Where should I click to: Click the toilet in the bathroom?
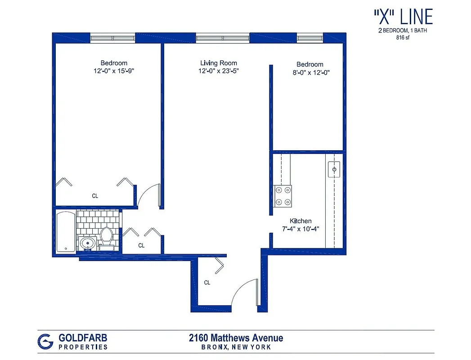pos(107,237)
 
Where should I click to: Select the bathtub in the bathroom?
pos(66,232)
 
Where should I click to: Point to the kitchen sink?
pos(335,169)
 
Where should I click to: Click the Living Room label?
pos(219,63)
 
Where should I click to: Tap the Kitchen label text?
pos(301,221)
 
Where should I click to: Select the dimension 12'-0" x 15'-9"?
pos(114,71)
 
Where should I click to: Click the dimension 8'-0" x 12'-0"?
pos(310,72)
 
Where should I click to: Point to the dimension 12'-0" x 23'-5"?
pos(219,71)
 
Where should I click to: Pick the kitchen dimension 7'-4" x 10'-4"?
pos(301,229)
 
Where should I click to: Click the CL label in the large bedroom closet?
pos(95,196)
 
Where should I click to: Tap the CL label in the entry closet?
pos(207,283)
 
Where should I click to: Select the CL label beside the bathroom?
pos(141,246)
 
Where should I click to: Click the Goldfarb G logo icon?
pos(45,341)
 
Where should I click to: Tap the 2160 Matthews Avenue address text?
pos(236,338)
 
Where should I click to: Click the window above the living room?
pos(223,38)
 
